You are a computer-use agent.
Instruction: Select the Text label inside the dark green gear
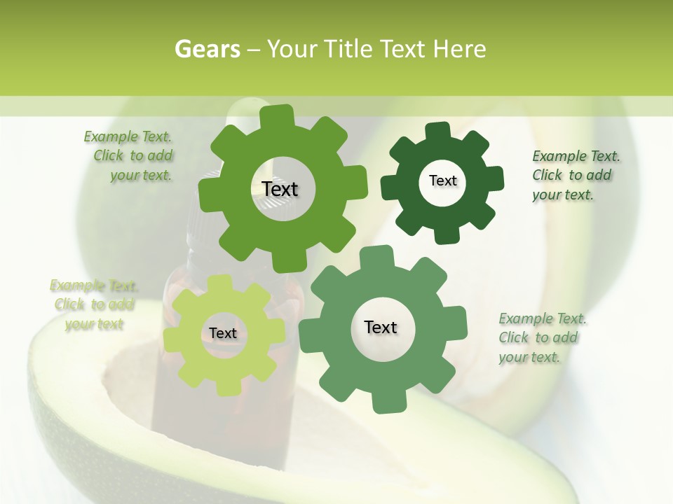pyautogui.click(x=442, y=181)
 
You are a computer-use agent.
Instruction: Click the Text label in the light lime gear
pyautogui.click(x=223, y=333)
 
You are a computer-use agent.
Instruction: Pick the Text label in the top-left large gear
pyautogui.click(x=280, y=189)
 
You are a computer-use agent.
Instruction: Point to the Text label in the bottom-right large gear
pyautogui.click(x=381, y=327)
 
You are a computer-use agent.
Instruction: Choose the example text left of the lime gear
pyautogui.click(x=94, y=304)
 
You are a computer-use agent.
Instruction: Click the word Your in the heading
pyautogui.click(x=293, y=49)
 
